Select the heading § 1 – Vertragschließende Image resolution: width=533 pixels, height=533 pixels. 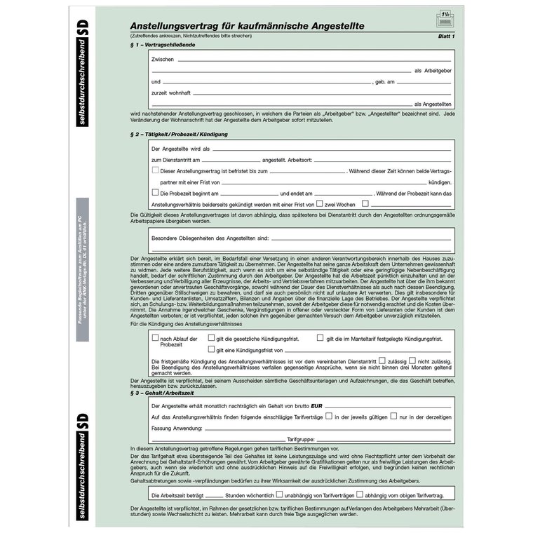[x=163, y=45]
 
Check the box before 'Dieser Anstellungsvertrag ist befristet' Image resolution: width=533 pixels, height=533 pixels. [x=156, y=170]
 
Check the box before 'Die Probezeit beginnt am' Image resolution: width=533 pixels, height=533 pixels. [x=156, y=192]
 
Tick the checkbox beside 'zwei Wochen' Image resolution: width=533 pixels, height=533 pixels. [x=319, y=203]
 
